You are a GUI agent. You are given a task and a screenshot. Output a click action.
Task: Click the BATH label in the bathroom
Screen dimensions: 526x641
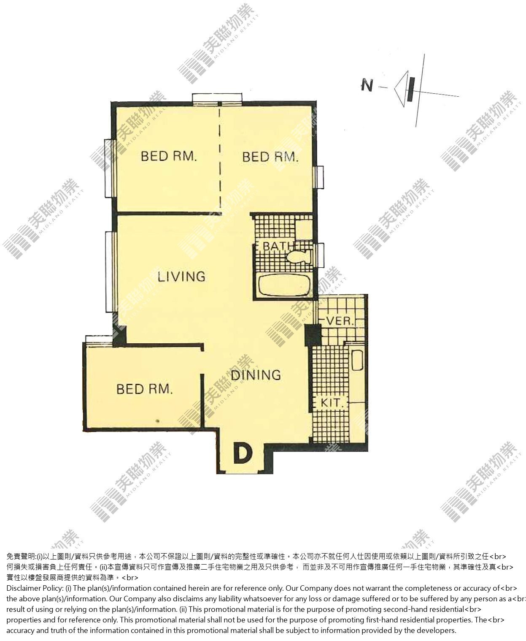point(279,246)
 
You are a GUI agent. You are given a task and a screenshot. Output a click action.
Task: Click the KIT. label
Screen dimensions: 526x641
point(332,403)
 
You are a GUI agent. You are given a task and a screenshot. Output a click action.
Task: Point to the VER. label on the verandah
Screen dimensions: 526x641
point(340,320)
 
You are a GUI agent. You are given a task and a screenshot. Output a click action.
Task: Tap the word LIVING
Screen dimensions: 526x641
point(181,277)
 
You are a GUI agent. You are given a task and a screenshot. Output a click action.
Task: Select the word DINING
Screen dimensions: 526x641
point(256,375)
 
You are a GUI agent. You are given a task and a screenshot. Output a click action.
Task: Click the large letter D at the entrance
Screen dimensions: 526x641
point(243,454)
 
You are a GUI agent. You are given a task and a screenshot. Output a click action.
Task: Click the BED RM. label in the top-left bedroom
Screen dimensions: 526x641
point(169,156)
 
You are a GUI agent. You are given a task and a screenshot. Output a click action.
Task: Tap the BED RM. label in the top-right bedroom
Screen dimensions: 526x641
point(270,157)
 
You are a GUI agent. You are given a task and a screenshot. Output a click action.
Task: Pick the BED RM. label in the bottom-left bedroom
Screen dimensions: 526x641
point(144,389)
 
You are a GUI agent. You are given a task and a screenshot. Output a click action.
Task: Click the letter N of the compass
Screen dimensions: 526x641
point(367,85)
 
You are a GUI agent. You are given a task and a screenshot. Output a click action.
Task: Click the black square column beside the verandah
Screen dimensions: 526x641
point(313,334)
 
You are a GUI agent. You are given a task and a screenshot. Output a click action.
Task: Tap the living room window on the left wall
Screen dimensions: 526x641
point(110,272)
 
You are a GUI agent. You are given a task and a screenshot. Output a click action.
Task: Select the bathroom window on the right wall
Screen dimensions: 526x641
point(320,255)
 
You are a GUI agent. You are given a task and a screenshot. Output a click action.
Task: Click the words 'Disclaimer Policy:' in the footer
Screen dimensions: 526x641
point(35,588)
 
